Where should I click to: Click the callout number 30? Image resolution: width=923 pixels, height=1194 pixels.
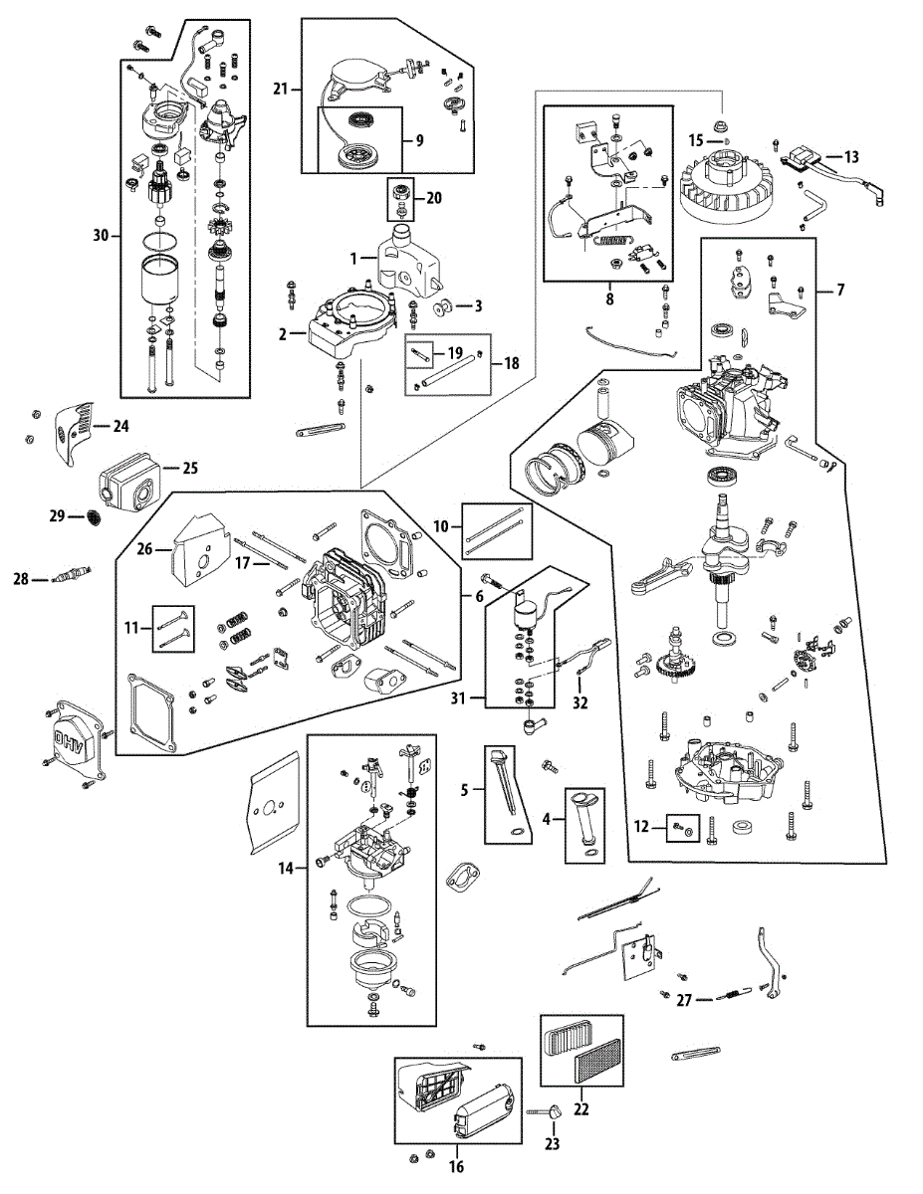(100, 236)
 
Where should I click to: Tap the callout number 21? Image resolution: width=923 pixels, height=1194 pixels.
(281, 90)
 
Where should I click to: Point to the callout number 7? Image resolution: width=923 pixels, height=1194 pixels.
(840, 290)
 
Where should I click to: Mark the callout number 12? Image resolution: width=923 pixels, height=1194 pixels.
(642, 825)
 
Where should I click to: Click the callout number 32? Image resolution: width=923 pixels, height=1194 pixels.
(579, 702)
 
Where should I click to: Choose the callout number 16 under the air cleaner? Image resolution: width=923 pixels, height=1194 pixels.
(458, 1165)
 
